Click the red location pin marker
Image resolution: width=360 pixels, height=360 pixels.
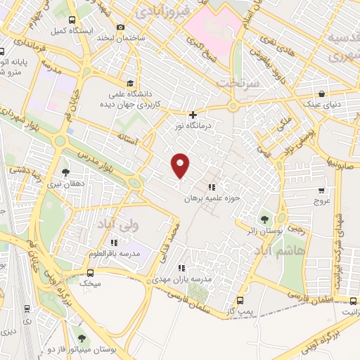click(181, 165)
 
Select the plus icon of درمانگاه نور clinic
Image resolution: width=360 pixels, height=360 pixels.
click(193, 115)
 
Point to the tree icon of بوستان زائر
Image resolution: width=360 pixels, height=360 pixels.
click(265, 217)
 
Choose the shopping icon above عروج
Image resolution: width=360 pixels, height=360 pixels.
click(321, 189)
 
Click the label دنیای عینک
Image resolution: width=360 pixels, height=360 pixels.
click(322, 105)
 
